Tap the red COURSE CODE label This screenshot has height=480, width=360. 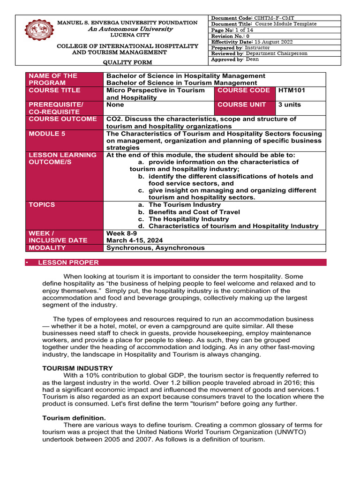tap(244, 90)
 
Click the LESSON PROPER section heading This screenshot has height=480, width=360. tap(68, 262)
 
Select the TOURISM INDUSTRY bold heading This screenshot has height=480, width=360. tap(71, 368)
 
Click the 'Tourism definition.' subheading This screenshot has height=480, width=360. tap(74, 418)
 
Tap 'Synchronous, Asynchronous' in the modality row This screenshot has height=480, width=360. tap(155, 248)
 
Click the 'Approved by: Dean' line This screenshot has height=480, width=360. tap(235, 60)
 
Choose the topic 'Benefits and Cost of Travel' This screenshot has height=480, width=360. tap(194, 212)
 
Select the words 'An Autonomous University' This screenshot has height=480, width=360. tap(127, 29)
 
